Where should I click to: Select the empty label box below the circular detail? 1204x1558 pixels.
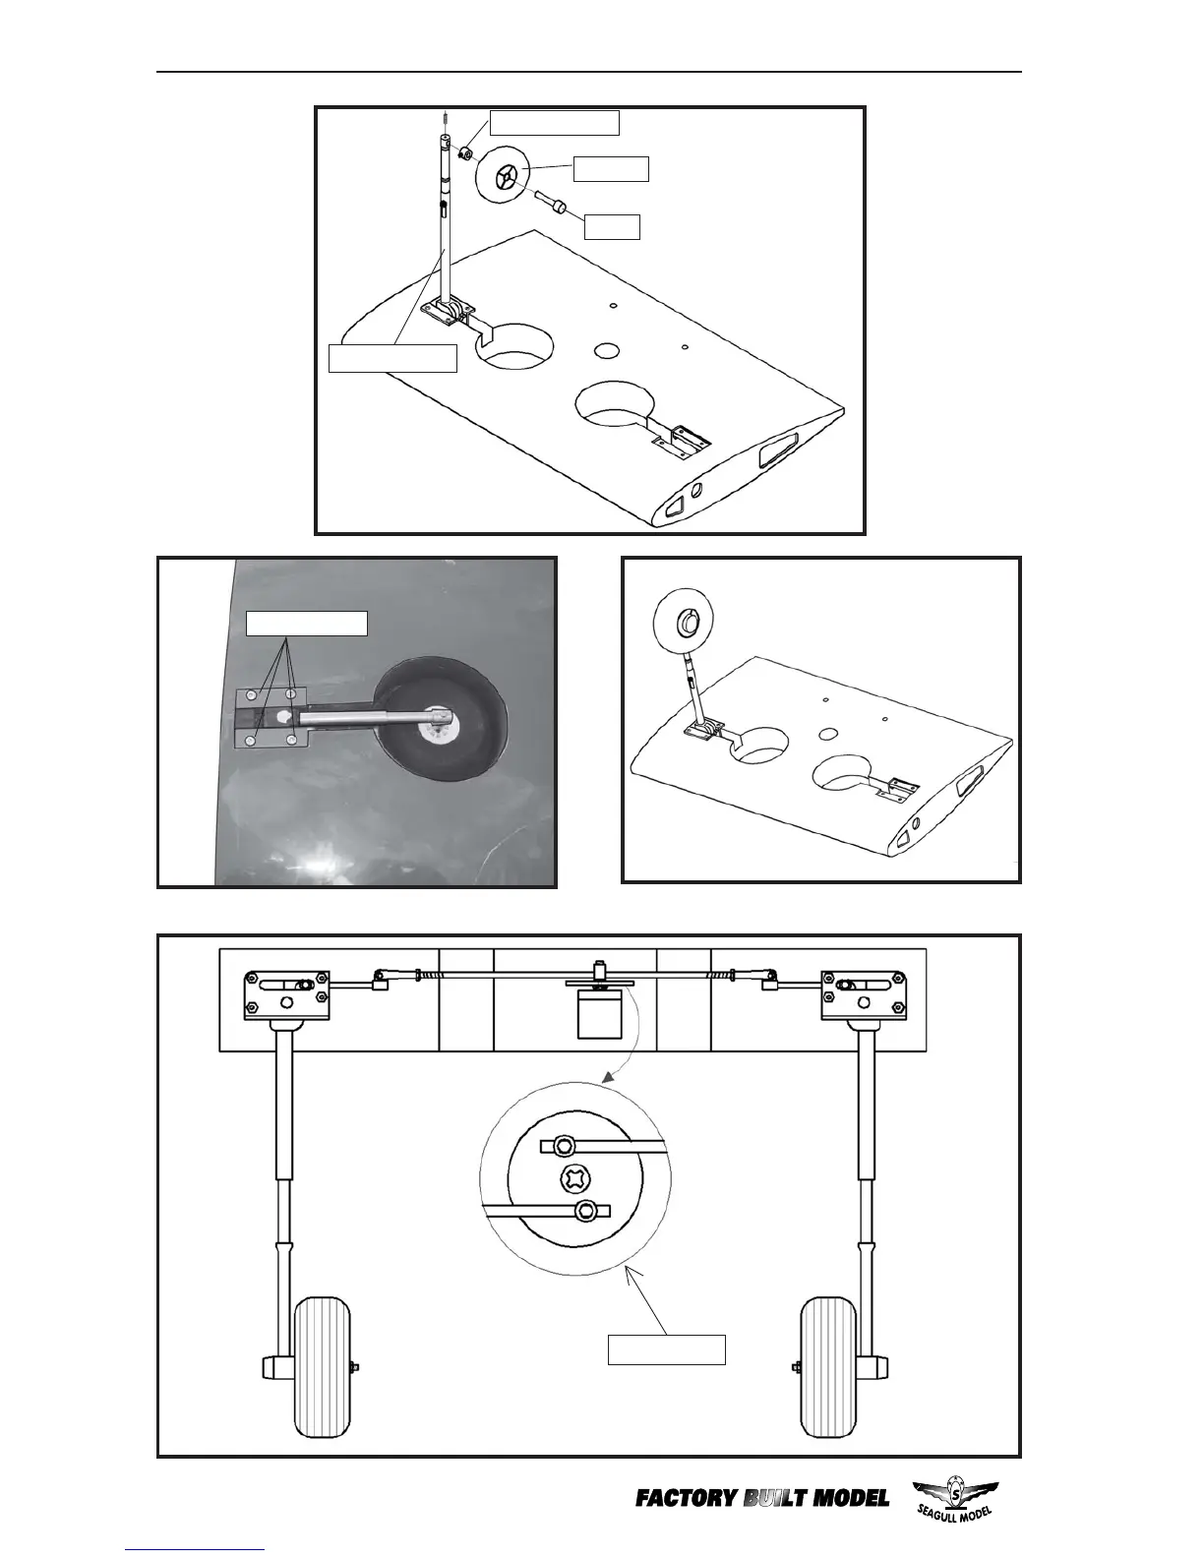666,1349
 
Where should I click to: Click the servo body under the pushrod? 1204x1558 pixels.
597,1014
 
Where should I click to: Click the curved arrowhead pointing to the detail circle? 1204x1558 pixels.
609,1079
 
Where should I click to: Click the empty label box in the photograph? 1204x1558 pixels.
306,624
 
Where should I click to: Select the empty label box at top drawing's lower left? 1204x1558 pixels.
392,358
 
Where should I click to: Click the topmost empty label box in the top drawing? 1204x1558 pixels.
554,122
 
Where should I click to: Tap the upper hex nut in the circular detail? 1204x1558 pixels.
565,1145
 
